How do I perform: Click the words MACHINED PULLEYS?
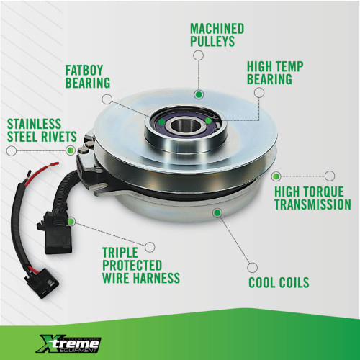point(217,35)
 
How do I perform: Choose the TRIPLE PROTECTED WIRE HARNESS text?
point(140,265)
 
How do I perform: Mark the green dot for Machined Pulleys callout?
point(197,93)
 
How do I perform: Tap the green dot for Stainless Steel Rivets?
point(70,150)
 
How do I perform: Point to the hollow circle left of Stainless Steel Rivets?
point(11,150)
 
